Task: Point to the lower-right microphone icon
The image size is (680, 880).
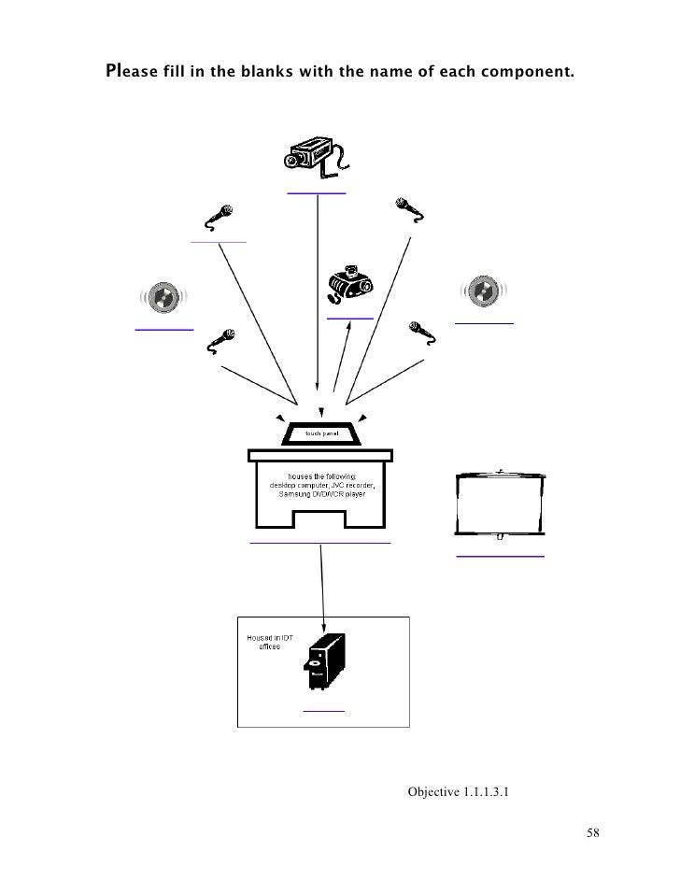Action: tap(420, 332)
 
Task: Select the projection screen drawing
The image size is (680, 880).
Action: tap(500, 505)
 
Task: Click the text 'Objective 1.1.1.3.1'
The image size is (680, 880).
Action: tap(459, 792)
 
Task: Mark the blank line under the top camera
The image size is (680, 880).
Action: tap(317, 192)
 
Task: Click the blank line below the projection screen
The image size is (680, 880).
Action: tap(500, 557)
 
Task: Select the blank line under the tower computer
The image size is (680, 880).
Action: tap(323, 710)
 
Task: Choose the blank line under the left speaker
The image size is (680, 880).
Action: tap(163, 330)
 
